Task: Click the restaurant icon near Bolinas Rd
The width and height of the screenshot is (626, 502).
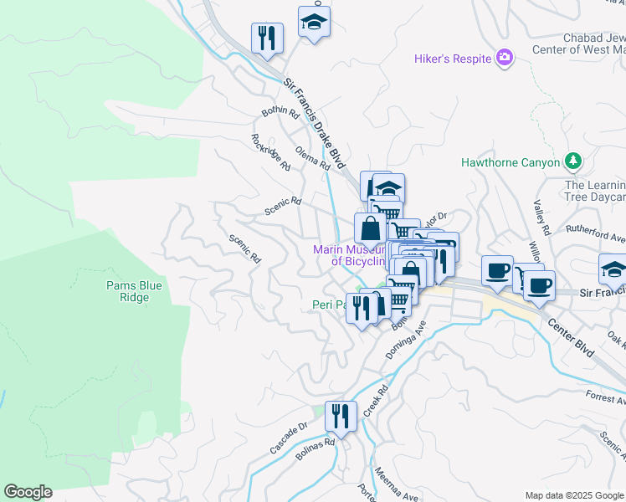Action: pos(341,415)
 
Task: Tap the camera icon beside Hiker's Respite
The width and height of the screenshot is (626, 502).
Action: pos(505,57)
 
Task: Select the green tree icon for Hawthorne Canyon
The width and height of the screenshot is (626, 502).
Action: pos(573,161)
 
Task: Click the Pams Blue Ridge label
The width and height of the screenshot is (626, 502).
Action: pos(134,291)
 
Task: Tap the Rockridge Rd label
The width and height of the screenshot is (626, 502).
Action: pos(270,152)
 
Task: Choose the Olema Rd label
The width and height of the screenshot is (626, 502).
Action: pos(313,157)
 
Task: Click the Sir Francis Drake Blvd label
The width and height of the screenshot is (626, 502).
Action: pos(314,123)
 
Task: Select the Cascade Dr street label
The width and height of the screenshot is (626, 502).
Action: pos(290,438)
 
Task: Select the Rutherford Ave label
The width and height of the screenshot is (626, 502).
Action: pos(595,237)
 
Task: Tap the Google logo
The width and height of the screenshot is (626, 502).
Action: pos(28,492)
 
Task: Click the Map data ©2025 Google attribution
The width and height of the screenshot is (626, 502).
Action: pos(573,495)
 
